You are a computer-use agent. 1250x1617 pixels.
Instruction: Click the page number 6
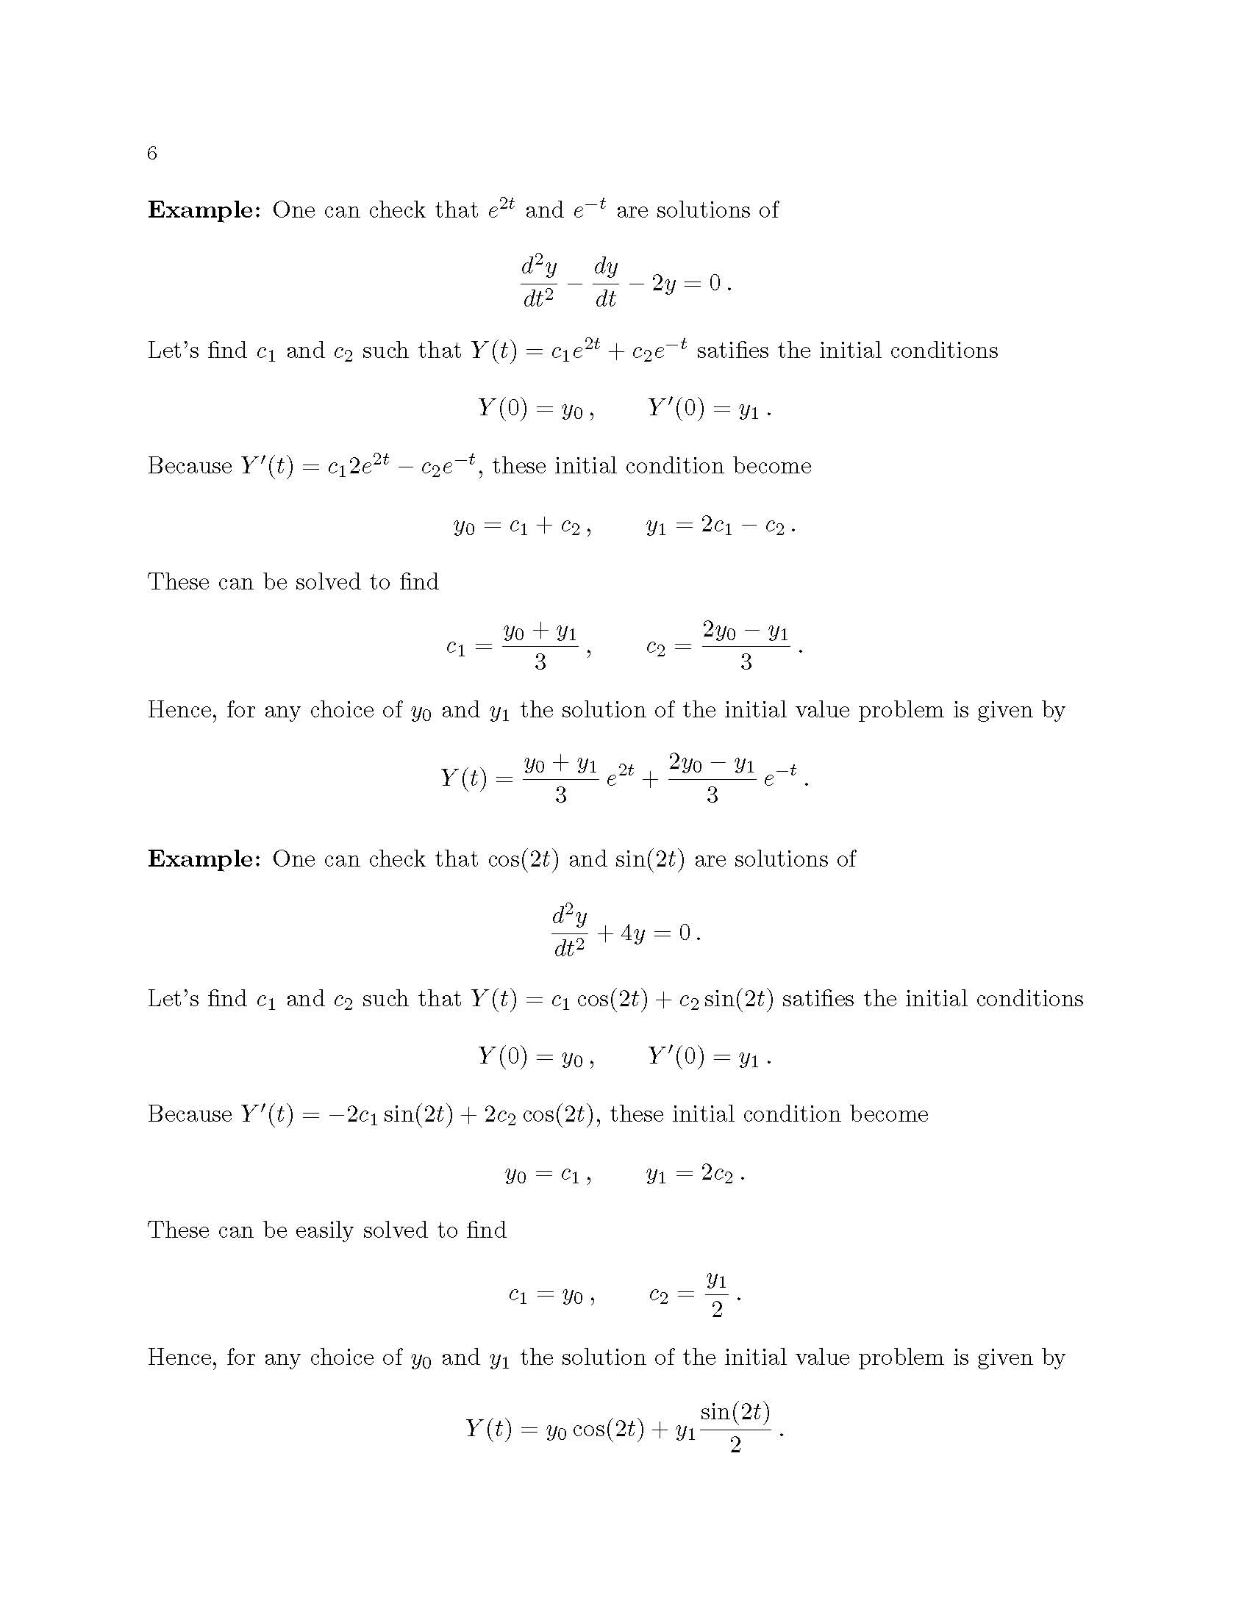click(x=151, y=154)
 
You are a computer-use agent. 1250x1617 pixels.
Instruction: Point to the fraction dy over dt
click(x=606, y=283)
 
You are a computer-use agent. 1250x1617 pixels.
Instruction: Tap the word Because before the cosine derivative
click(x=190, y=1114)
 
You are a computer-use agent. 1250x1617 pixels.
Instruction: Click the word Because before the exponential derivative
click(x=190, y=466)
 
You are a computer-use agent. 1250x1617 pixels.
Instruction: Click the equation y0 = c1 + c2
click(x=521, y=526)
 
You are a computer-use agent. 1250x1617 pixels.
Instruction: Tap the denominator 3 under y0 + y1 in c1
click(x=540, y=662)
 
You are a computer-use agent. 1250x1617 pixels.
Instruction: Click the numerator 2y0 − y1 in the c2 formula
click(x=745, y=631)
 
